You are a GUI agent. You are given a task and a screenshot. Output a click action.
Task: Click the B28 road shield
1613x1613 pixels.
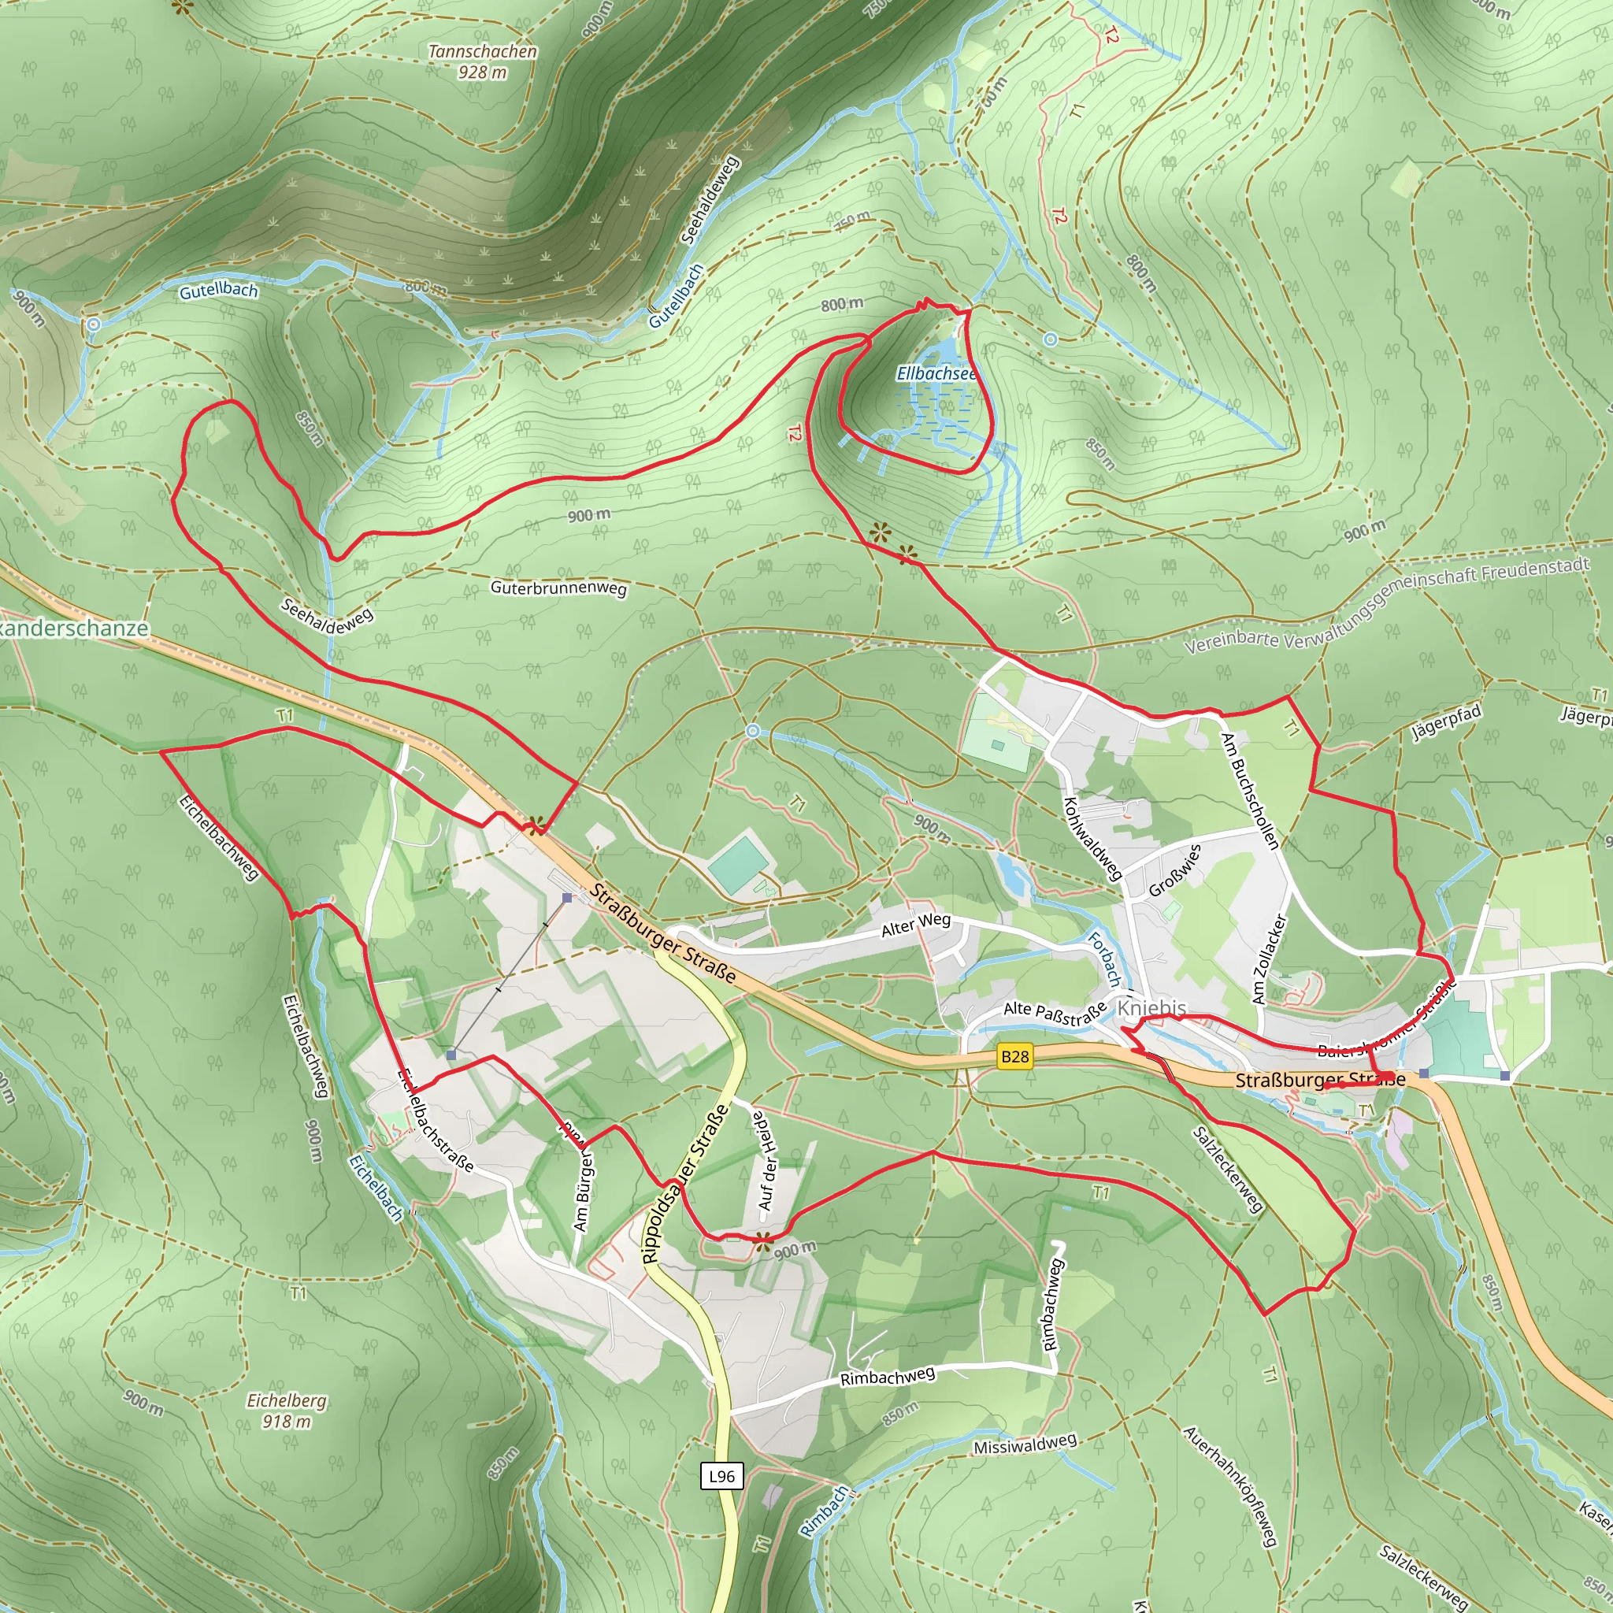1014,1057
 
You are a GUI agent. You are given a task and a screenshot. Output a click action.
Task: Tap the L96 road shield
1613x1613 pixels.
721,1476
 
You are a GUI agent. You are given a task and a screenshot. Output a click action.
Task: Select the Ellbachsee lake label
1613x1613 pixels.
936,373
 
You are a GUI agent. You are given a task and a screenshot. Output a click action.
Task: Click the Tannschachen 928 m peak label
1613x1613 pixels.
483,61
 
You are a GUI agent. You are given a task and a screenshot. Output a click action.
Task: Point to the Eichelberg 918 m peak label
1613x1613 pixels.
287,1411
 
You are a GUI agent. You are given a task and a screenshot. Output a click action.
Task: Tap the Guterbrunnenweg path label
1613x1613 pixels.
558,588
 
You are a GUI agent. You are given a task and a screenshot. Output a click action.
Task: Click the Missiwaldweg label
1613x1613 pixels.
1025,1444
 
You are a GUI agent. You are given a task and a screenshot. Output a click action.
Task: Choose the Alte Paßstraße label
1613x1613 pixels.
1055,1014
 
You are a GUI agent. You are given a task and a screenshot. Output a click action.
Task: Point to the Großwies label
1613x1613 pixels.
1174,870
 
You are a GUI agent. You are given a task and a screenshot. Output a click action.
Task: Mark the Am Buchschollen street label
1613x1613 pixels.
1249,791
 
